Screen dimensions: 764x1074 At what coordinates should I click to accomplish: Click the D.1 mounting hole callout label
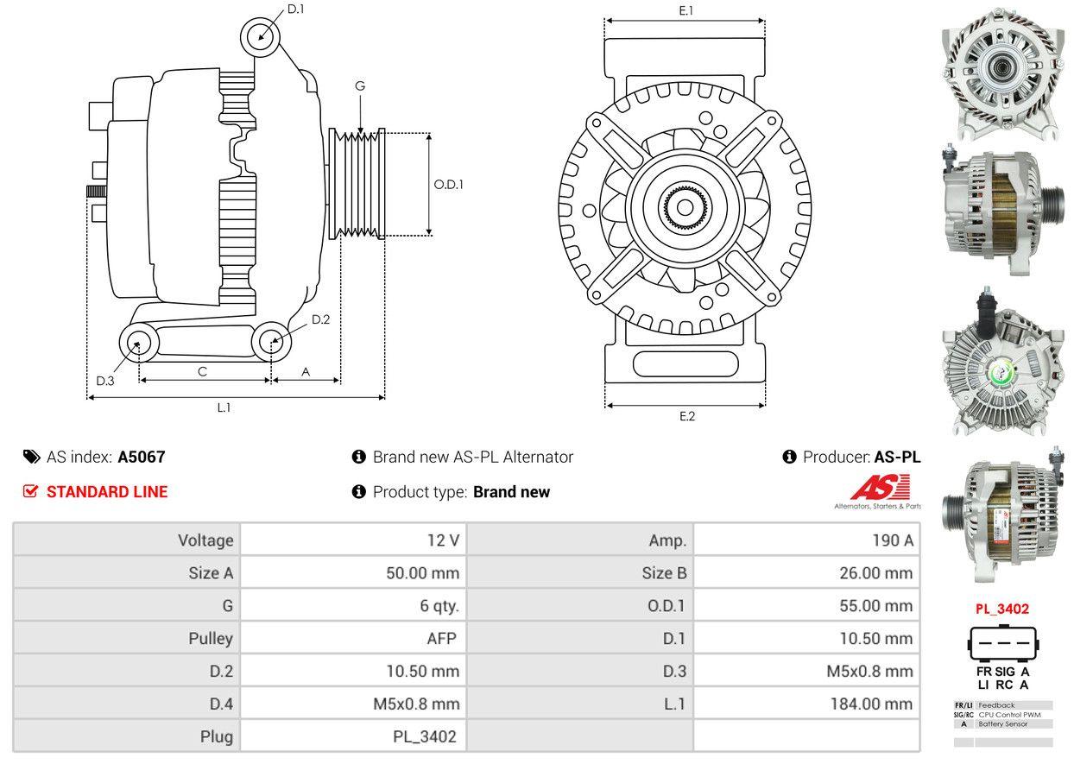coord(296,9)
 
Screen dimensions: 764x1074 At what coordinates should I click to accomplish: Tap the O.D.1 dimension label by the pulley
coord(448,184)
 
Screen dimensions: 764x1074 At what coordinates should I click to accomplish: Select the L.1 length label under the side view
coord(224,407)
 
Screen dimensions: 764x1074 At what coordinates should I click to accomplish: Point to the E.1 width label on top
coord(686,10)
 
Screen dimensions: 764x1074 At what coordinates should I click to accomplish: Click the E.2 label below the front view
coord(686,416)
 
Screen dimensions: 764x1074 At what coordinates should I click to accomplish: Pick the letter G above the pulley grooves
coord(360,85)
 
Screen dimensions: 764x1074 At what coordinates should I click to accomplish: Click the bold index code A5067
coord(142,457)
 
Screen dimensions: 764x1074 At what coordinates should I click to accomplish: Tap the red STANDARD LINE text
coord(107,492)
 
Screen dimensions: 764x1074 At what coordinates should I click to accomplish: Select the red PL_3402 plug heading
coord(1001,609)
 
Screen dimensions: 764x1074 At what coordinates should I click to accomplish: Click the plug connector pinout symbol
coord(1001,642)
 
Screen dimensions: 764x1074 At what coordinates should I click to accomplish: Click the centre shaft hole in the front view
coord(685,207)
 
